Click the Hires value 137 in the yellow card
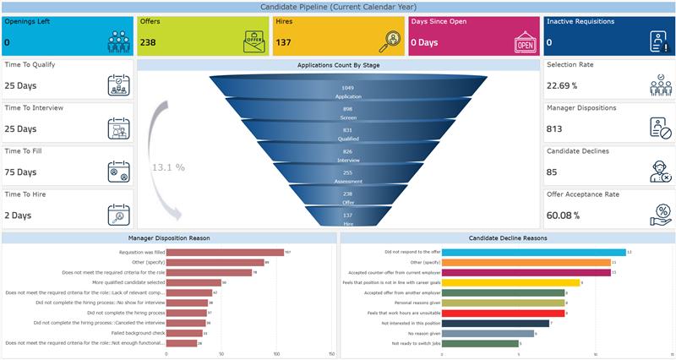tap(283, 41)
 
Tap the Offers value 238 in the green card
tap(148, 41)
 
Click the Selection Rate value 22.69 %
tap(562, 85)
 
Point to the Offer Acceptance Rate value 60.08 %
tap(564, 215)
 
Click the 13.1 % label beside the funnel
tap(168, 167)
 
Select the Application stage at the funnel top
tap(347, 92)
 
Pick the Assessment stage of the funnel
tap(347, 177)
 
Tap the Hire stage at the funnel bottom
tap(347, 219)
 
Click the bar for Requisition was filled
tap(225, 252)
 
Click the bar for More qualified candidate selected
tap(194, 282)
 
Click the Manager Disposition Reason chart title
tap(169, 238)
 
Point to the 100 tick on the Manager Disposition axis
tap(277, 354)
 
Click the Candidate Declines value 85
tap(552, 172)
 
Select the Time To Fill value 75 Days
tap(20, 172)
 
